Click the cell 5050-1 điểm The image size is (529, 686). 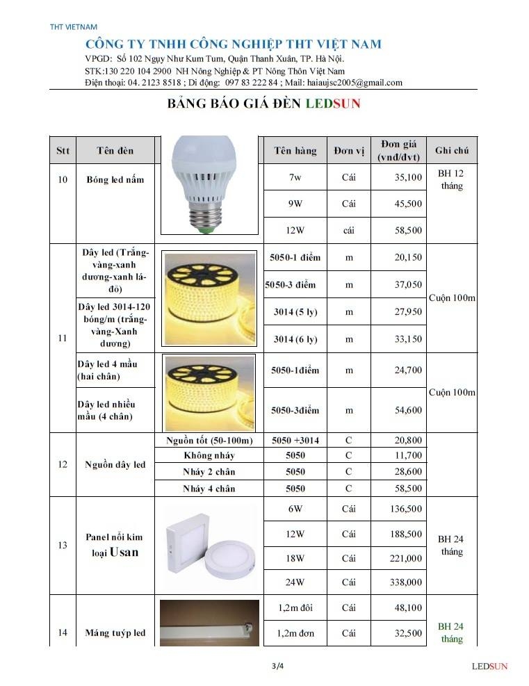click(295, 257)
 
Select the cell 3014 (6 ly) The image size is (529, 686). click(295, 339)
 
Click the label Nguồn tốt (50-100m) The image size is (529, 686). click(209, 441)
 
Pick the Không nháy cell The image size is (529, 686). click(209, 456)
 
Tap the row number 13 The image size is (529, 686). click(63, 545)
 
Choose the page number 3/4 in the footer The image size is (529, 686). click(278, 666)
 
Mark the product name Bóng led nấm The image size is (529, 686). click(115, 179)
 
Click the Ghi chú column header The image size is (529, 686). click(452, 151)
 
